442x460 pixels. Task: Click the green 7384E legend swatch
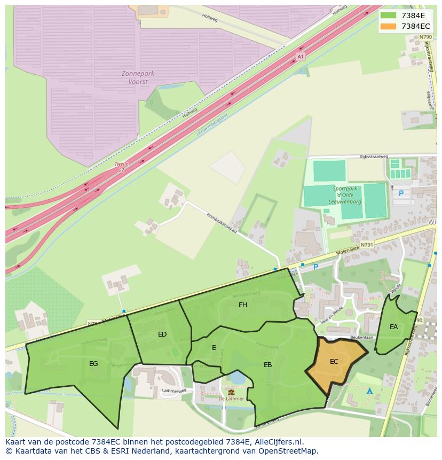[388, 15]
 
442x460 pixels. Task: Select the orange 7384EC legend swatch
[388, 26]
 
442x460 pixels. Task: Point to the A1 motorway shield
[301, 56]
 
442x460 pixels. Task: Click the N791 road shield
[367, 244]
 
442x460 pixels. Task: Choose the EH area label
[243, 305]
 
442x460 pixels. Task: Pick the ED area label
[162, 334]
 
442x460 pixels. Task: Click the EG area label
[93, 363]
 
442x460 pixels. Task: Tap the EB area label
[268, 365]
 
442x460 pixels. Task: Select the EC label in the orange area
[334, 362]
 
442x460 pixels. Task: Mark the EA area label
[393, 327]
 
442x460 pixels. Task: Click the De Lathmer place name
[231, 399]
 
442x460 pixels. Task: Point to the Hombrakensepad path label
[222, 223]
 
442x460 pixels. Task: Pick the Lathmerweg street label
[173, 391]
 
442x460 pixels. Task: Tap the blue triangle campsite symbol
[369, 392]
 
